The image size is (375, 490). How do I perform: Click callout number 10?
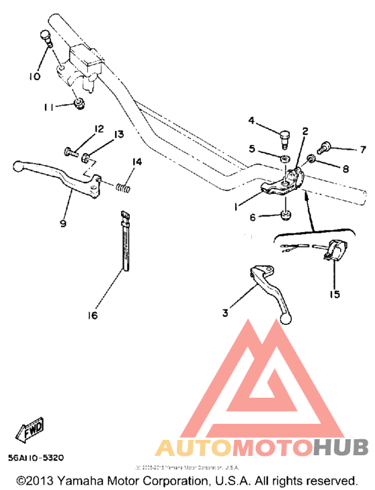(34, 76)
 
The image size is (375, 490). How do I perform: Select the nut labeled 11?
(79, 104)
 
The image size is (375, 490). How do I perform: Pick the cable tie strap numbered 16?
(125, 241)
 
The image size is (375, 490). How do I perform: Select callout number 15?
(335, 293)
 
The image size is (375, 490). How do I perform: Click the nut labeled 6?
(286, 215)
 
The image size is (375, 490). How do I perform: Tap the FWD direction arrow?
(29, 433)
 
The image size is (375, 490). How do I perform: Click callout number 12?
(98, 128)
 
